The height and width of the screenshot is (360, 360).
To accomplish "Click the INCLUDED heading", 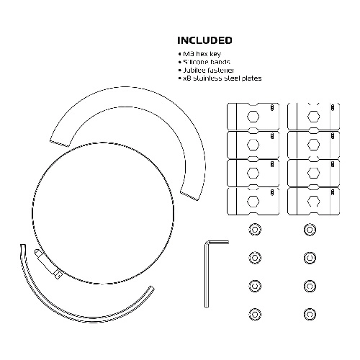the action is pos(204,40).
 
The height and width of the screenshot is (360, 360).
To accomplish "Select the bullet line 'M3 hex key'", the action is pos(199,54).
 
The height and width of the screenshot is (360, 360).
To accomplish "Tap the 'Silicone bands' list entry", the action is pos(204,62).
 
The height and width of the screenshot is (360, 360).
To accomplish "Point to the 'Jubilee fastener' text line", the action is pos(206,70).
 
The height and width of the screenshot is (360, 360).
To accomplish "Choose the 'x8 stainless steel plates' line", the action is pos(220,78).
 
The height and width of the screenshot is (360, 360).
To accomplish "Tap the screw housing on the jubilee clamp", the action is pos(48,264).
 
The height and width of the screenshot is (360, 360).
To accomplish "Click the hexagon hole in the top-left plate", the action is pos(253,117).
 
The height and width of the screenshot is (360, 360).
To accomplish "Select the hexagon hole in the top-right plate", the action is pos(313,117).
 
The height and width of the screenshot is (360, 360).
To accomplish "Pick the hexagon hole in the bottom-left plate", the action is pos(253,201).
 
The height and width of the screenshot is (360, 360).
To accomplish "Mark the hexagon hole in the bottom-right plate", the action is pos(313,201).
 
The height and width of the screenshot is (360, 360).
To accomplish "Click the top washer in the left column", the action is pos(255,230).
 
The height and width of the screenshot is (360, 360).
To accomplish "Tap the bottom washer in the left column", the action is pos(255,314).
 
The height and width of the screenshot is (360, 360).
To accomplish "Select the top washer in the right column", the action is pos(310,230).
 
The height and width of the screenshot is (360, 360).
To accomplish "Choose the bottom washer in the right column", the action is pos(310,314).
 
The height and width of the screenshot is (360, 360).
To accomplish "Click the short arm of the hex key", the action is pos(218,243).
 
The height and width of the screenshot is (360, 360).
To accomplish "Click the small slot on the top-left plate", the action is pos(272,107).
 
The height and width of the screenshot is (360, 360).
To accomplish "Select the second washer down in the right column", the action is pos(310,258).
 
